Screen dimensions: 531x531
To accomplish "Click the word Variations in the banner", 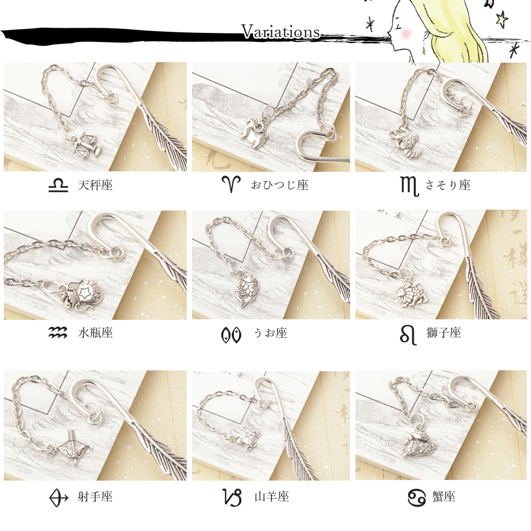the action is pyautogui.click(x=281, y=31).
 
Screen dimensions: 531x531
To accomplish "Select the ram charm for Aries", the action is pyautogui.click(x=254, y=130).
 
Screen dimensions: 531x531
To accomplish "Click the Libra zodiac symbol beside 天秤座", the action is pyautogui.click(x=58, y=185).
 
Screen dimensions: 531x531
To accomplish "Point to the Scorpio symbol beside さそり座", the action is pyautogui.click(x=409, y=186).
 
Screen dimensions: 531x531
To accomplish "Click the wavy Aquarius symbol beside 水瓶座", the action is pyautogui.click(x=58, y=333).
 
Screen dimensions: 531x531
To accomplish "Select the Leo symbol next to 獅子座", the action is pyautogui.click(x=408, y=334).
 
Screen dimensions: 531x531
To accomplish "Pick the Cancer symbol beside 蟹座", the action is pyautogui.click(x=417, y=497).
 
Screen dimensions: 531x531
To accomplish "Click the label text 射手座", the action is pyautogui.click(x=95, y=497).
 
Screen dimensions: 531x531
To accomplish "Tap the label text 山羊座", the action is pyautogui.click(x=272, y=497).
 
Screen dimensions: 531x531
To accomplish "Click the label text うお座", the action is pyautogui.click(x=271, y=333).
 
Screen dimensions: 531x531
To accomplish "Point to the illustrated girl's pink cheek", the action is pyautogui.click(x=405, y=33).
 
